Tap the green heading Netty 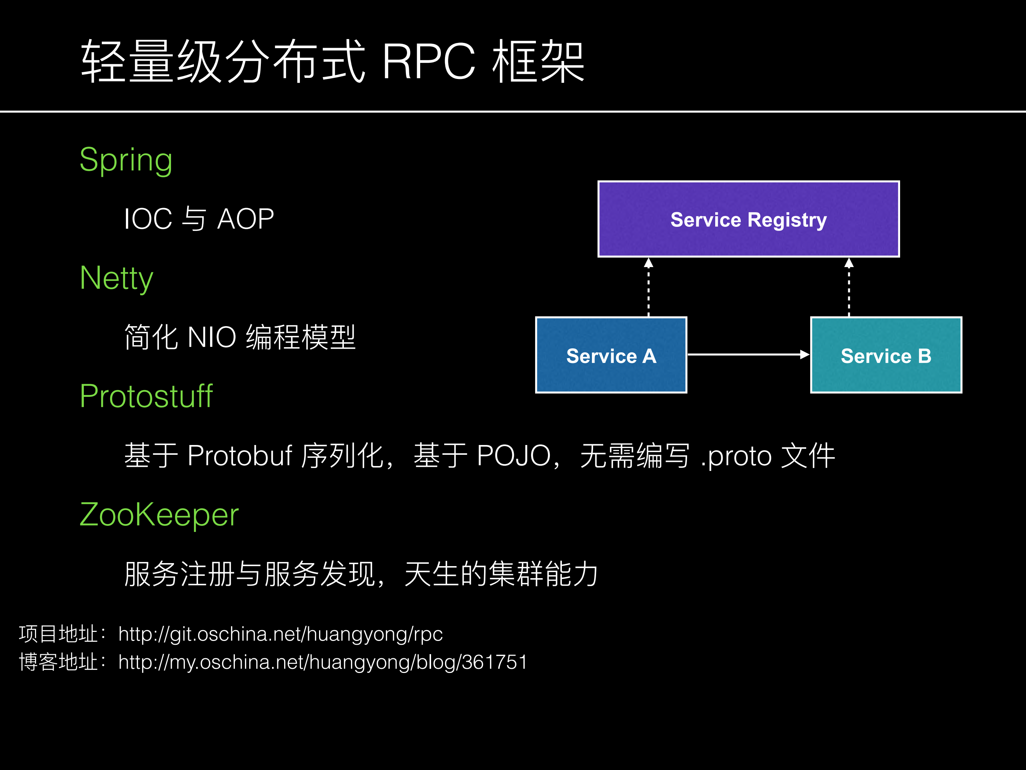[116, 278]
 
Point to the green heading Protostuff [146, 396]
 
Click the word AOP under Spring [245, 219]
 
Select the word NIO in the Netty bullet [212, 337]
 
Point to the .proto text [735, 456]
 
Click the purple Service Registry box [748, 219]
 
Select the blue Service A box [611, 355]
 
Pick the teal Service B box [885, 355]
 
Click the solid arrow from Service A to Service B [748, 355]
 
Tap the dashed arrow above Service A [648, 288]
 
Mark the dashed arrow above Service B [849, 288]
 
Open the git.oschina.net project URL [280, 634]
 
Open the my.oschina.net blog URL [322, 662]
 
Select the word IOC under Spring [148, 219]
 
